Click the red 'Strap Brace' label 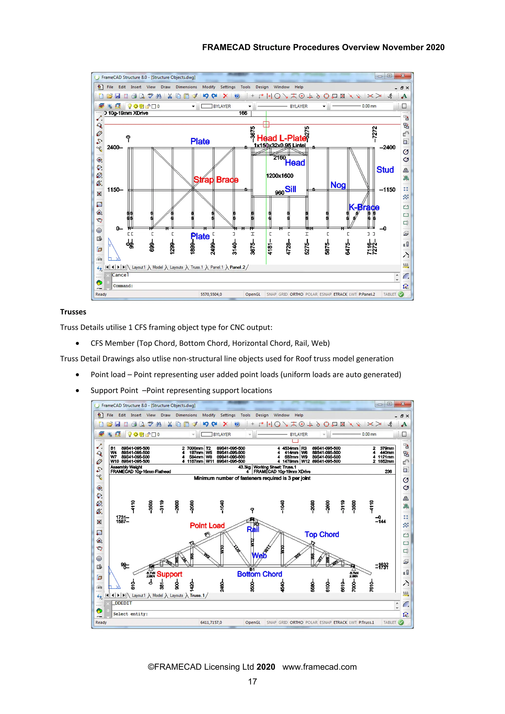point(216,180)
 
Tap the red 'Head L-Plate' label point(281,138)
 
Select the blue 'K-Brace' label point(364,207)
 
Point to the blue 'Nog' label point(338,185)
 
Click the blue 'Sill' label point(290,189)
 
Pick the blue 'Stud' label point(385,169)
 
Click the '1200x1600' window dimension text point(280,176)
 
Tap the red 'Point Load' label point(207,525)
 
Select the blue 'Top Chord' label point(322,534)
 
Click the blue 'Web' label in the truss point(259,555)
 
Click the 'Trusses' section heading point(73,312)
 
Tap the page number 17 point(252,681)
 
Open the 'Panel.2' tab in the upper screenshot point(237,267)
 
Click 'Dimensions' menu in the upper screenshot point(186,87)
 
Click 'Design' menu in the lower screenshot point(262,415)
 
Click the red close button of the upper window point(403,76)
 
